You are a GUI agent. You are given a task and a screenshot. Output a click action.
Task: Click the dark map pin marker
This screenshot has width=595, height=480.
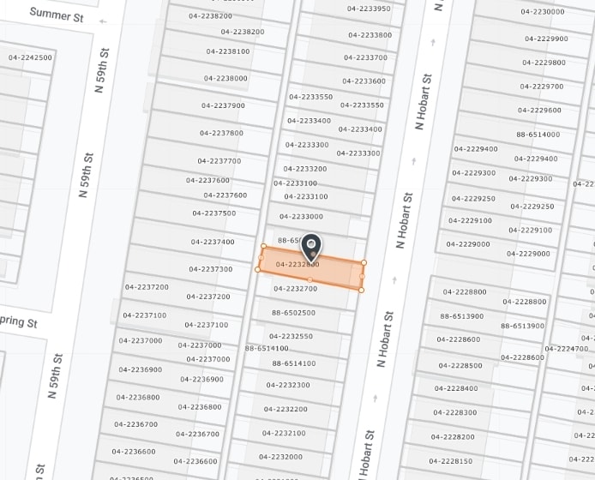[x=310, y=247]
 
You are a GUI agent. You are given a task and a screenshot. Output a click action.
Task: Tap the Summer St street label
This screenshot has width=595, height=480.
[x=56, y=14]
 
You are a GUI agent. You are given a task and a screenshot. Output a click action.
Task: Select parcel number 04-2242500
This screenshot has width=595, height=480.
[x=30, y=57]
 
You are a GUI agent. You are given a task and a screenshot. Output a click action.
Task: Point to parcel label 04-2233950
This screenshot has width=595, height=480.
[x=369, y=9]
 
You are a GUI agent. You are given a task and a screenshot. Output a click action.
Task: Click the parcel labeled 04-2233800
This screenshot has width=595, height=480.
[x=370, y=35]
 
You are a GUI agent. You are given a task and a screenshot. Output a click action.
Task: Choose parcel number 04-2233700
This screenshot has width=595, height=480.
[x=365, y=57]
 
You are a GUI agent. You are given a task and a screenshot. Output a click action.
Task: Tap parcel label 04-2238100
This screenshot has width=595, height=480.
[x=228, y=51]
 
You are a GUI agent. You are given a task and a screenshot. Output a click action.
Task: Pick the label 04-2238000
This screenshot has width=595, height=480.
[x=225, y=78]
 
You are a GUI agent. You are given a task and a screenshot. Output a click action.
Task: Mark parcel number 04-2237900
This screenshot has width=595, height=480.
[x=223, y=105]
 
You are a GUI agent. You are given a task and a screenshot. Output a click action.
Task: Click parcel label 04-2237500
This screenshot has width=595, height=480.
[x=213, y=213]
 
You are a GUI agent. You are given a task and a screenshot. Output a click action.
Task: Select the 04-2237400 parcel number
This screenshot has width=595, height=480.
[x=212, y=242]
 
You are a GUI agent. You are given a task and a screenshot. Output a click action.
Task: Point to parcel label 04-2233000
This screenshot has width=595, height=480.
[x=301, y=217]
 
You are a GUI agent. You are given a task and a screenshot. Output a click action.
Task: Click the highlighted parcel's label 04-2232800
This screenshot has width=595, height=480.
[x=297, y=264]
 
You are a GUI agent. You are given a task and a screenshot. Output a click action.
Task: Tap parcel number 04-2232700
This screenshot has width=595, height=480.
[x=295, y=289]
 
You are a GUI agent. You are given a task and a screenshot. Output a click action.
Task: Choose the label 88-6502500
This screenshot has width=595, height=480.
[x=293, y=313]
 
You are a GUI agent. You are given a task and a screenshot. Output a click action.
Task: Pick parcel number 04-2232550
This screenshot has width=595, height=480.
[x=291, y=336]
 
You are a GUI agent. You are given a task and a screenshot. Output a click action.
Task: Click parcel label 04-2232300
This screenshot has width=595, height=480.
[x=288, y=385]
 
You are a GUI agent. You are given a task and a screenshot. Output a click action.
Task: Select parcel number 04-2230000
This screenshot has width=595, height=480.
[x=543, y=11]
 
